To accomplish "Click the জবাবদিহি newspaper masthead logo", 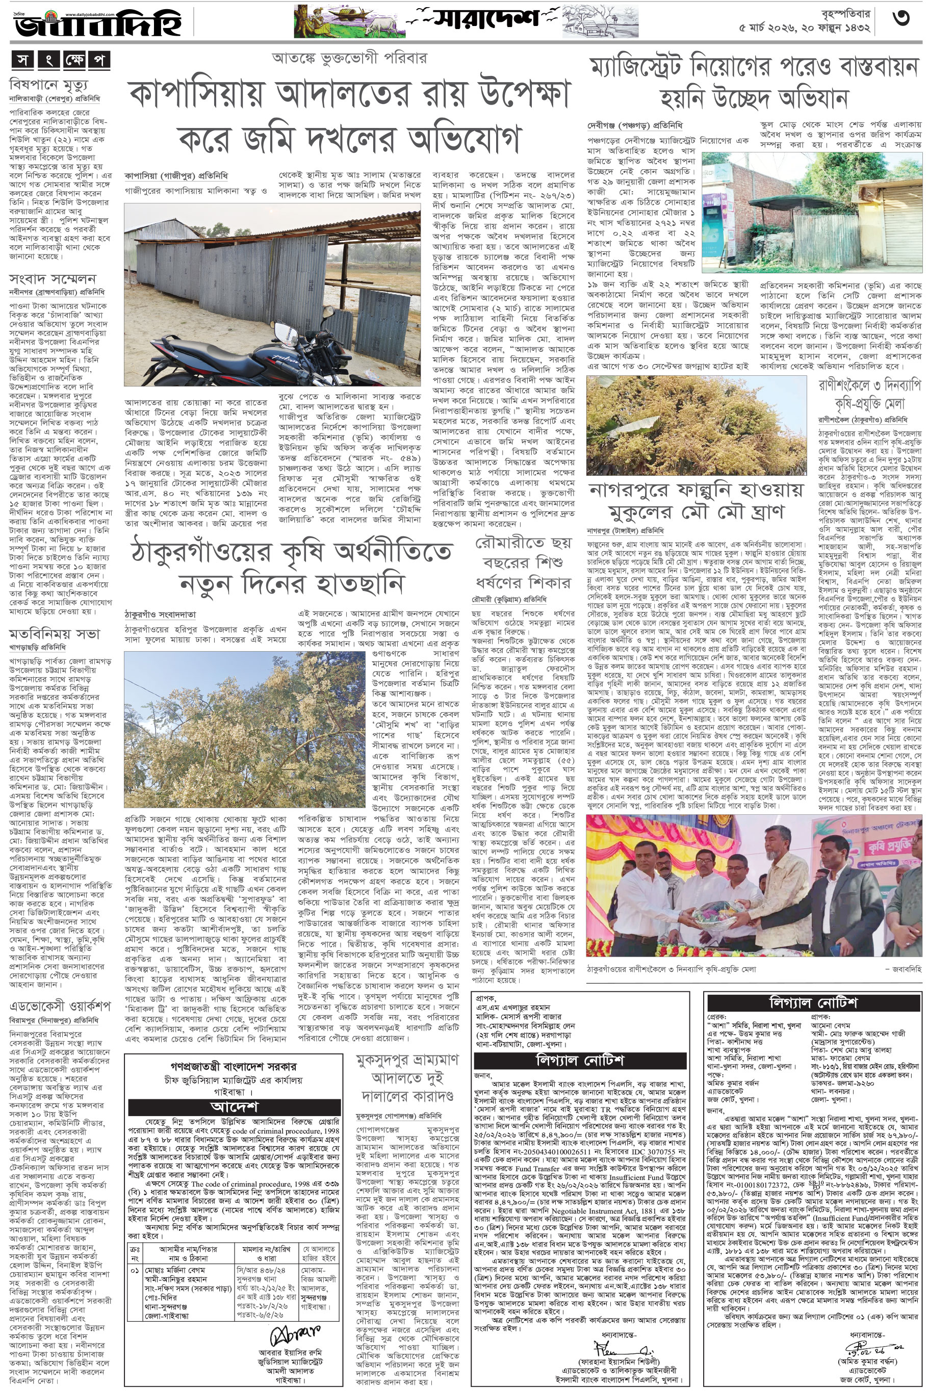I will pos(98,23).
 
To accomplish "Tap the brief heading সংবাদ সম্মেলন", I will pos(53,279).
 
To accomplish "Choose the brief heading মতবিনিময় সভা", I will pos(55,634).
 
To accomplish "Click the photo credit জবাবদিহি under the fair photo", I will pos(906,969).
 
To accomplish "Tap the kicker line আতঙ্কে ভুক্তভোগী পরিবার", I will pos(349,58).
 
